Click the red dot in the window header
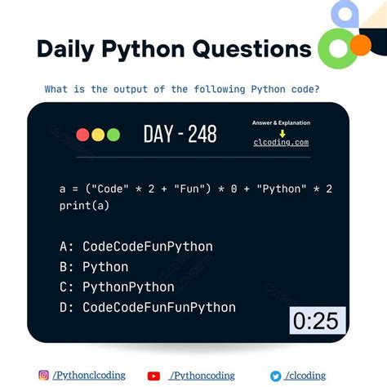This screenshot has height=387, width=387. [82, 135]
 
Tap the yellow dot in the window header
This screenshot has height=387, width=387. [97, 135]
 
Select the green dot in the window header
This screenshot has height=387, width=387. [113, 135]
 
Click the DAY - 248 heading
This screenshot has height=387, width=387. [180, 134]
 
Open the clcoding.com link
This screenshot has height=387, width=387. [280, 142]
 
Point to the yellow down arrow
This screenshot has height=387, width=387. [281, 132]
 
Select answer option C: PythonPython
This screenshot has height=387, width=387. [117, 287]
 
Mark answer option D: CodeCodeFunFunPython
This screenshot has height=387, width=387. [147, 307]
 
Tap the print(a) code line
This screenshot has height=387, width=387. [84, 206]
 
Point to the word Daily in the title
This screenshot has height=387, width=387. [69, 49]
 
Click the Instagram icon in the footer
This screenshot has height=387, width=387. [43, 376]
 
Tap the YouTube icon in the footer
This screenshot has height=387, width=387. [153, 376]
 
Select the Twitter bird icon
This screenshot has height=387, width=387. [276, 376]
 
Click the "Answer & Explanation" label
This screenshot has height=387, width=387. [281, 122]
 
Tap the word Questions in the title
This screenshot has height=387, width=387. [252, 49]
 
